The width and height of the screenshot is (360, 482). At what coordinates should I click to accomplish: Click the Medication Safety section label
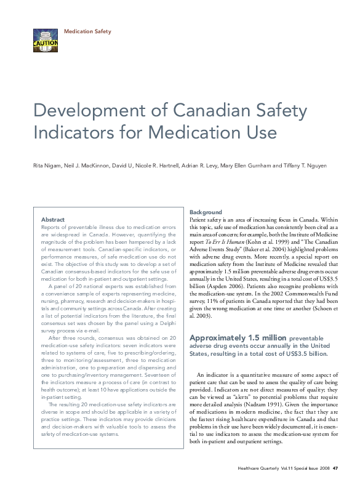(x=87, y=30)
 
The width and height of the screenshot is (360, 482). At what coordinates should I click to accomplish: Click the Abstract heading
(x=52, y=219)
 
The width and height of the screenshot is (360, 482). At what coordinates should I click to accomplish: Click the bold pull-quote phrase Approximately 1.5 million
(x=231, y=338)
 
